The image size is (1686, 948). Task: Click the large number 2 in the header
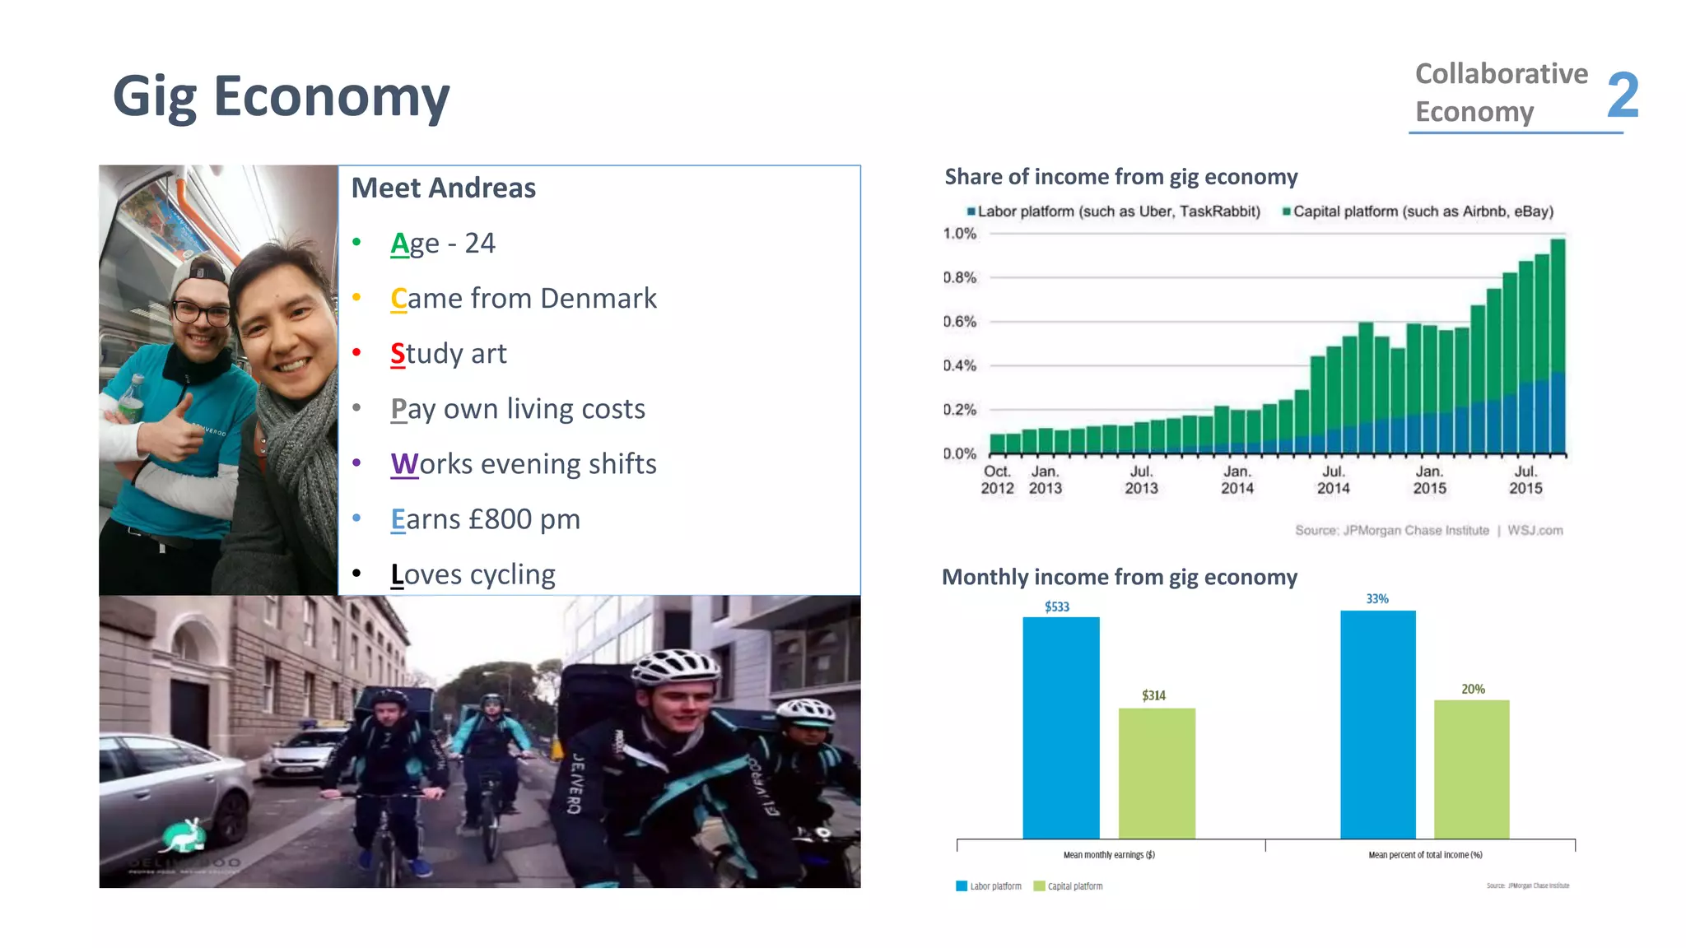[x=1623, y=95]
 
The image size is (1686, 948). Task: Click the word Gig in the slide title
[x=153, y=97]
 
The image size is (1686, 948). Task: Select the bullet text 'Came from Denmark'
[x=524, y=299]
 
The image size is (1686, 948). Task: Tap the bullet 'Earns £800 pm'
[x=485, y=519]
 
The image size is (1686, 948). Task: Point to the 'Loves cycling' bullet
[x=473, y=574]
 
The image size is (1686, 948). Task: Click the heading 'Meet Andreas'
[x=443, y=188]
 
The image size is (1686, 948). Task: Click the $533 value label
[x=1057, y=607]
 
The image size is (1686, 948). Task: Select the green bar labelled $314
[x=1157, y=773]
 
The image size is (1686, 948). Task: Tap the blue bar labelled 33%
[x=1377, y=724]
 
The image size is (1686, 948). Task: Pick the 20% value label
[x=1473, y=690]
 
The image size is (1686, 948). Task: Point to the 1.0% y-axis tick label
[x=960, y=234]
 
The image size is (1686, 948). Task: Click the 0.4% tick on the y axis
[x=960, y=365]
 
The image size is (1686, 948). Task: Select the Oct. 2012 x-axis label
[x=997, y=480]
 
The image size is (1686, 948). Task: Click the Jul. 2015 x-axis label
[x=1525, y=480]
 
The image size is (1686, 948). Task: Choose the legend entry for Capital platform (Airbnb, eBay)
[x=1418, y=211]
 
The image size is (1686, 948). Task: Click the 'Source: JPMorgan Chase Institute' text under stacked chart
[x=1391, y=531]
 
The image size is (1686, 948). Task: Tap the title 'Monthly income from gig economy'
[x=1119, y=578]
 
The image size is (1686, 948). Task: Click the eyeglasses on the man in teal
[x=202, y=313]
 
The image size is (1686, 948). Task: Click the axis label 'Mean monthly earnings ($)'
[x=1109, y=855]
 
